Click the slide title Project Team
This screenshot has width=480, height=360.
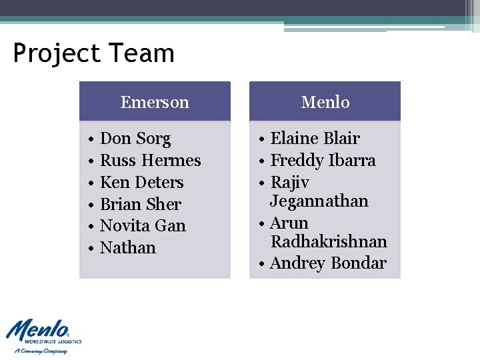pyautogui.click(x=93, y=53)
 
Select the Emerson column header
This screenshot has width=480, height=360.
pyautogui.click(x=155, y=102)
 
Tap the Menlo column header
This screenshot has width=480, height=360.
pyautogui.click(x=325, y=102)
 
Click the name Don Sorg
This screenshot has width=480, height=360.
pyautogui.click(x=135, y=139)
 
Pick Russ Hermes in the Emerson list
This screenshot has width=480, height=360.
pyautogui.click(x=150, y=161)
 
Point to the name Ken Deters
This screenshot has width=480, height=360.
pyautogui.click(x=141, y=183)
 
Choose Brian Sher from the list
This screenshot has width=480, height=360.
pyautogui.click(x=140, y=205)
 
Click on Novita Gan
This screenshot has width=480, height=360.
pyautogui.click(x=143, y=226)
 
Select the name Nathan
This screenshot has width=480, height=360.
pyautogui.click(x=127, y=248)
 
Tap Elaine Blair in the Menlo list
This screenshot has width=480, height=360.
pyautogui.click(x=315, y=139)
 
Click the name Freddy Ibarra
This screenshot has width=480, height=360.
pyautogui.click(x=323, y=161)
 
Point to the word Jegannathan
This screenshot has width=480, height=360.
pyautogui.click(x=319, y=201)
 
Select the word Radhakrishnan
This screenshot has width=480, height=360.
pyautogui.click(x=329, y=241)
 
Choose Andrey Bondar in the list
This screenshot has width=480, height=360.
pyautogui.click(x=328, y=263)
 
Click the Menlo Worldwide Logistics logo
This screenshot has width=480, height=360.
pyautogui.click(x=44, y=335)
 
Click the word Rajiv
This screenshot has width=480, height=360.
pyautogui.click(x=290, y=183)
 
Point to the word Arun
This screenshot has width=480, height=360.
pyautogui.click(x=289, y=223)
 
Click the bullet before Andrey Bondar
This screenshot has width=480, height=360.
pyautogui.click(x=263, y=264)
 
